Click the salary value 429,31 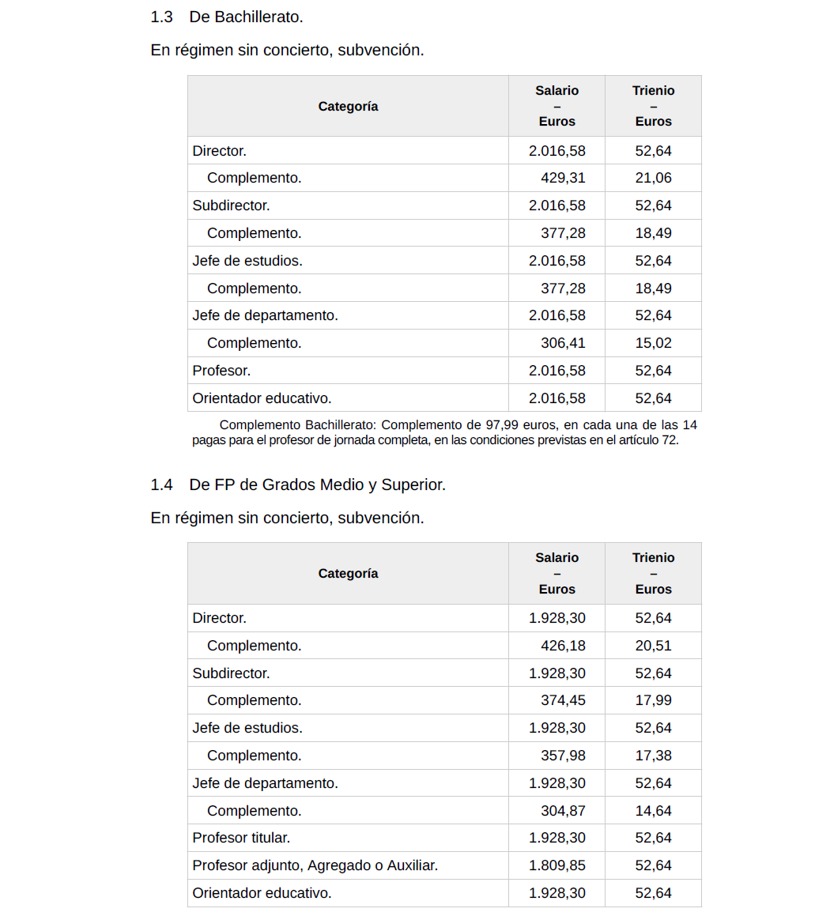[x=563, y=178]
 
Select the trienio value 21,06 [x=653, y=178]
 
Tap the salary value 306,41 [x=563, y=343]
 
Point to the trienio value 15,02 [x=653, y=343]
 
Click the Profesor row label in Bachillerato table [x=221, y=371]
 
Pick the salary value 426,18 [x=563, y=646]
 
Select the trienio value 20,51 [x=653, y=646]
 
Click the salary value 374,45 [x=563, y=700]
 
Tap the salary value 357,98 [x=563, y=756]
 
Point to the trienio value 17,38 [x=653, y=756]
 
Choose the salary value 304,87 [x=563, y=811]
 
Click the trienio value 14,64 [x=653, y=811]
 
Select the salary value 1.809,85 [x=557, y=865]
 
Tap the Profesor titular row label [x=241, y=838]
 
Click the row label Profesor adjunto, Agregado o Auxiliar [x=315, y=865]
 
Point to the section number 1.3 [x=161, y=17]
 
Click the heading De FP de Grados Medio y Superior [x=317, y=484]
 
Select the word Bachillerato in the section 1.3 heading [x=257, y=17]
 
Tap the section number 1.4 [x=161, y=484]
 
